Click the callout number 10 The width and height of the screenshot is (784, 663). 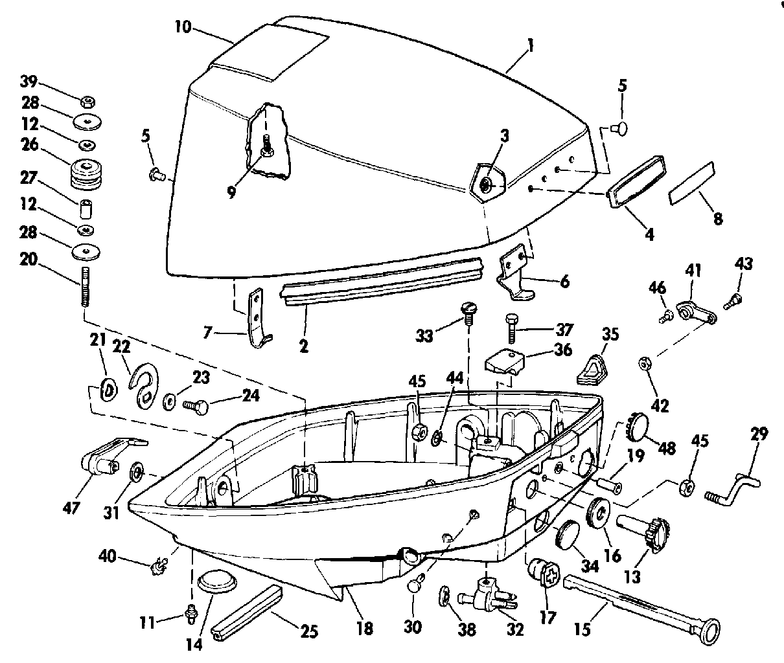[x=183, y=27]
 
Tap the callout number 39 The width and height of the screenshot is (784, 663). [x=29, y=82]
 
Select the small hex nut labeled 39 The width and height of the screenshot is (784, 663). [x=87, y=102]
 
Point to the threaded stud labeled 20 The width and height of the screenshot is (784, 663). [x=86, y=287]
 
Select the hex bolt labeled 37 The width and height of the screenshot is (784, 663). [x=511, y=329]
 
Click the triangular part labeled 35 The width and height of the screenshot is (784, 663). [x=592, y=370]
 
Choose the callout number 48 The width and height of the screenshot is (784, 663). [x=667, y=448]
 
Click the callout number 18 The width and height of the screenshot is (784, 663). [x=365, y=628]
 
